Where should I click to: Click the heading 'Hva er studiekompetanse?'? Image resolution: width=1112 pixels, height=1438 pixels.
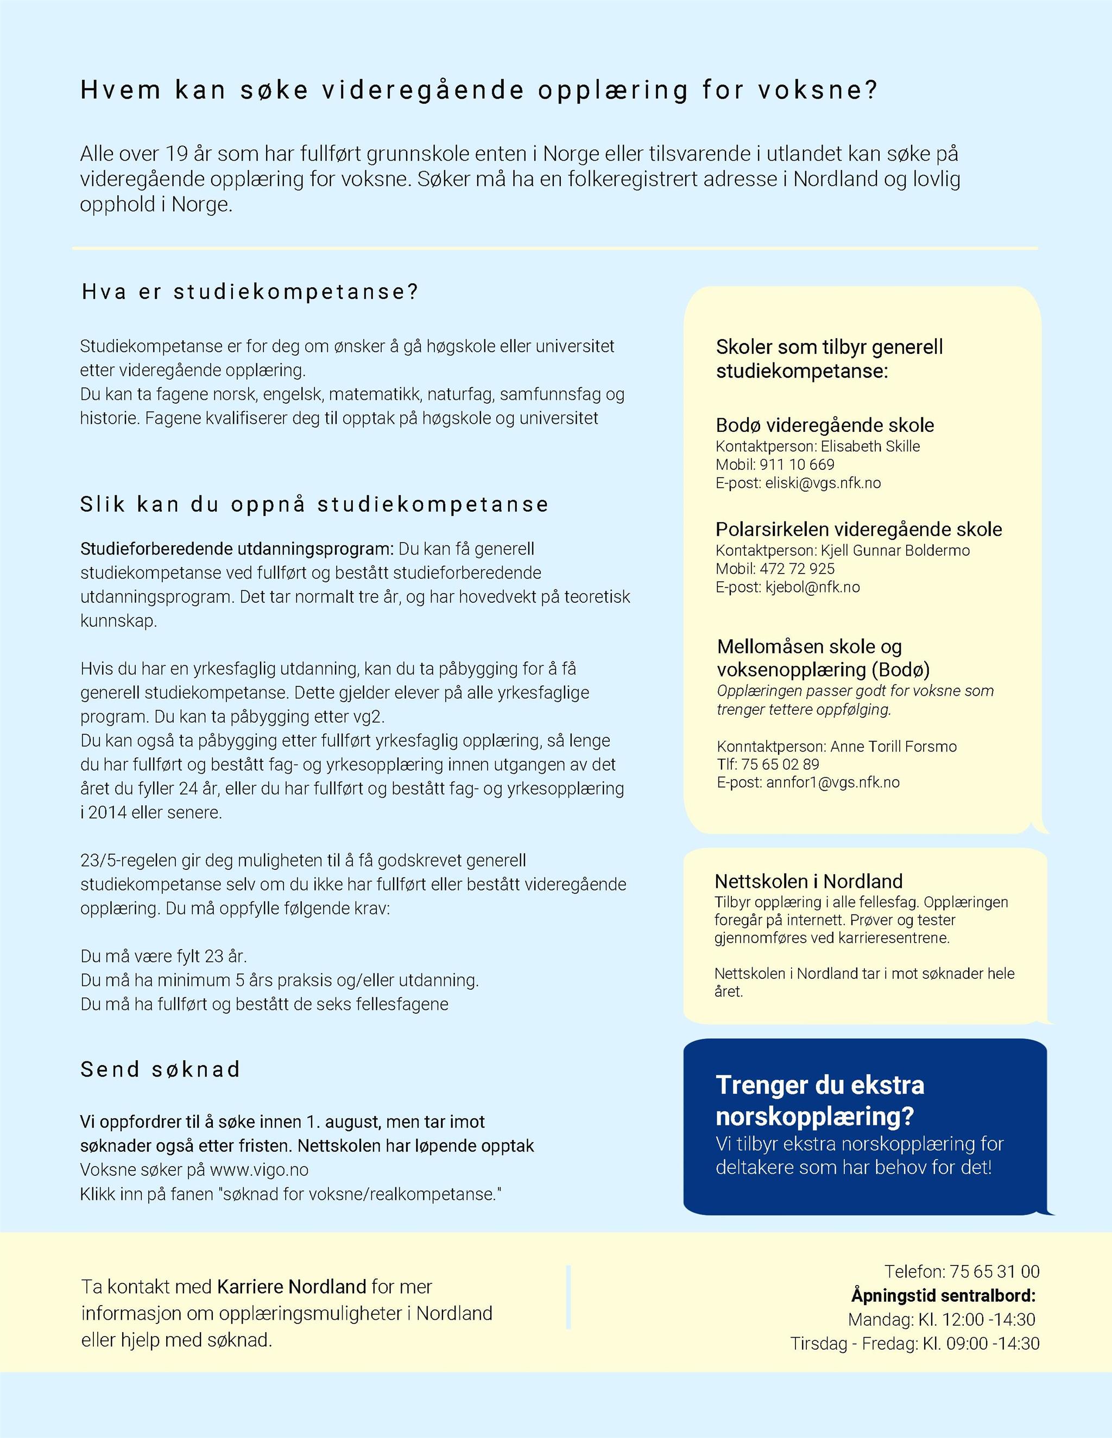click(250, 292)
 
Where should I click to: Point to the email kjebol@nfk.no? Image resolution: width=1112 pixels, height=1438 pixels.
click(812, 587)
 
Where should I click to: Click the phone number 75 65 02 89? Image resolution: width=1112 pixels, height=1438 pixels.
click(780, 764)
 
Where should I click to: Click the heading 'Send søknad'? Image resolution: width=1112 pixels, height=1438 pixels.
click(161, 1070)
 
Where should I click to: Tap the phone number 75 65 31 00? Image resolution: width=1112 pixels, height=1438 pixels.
click(995, 1271)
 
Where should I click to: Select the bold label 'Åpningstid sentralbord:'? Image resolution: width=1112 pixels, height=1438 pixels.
click(943, 1295)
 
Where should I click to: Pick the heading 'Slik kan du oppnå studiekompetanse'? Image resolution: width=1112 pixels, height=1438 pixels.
click(314, 504)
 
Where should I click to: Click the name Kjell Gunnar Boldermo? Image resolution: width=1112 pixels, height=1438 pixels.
click(895, 550)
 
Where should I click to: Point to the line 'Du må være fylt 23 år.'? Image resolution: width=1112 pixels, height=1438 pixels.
click(163, 956)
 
